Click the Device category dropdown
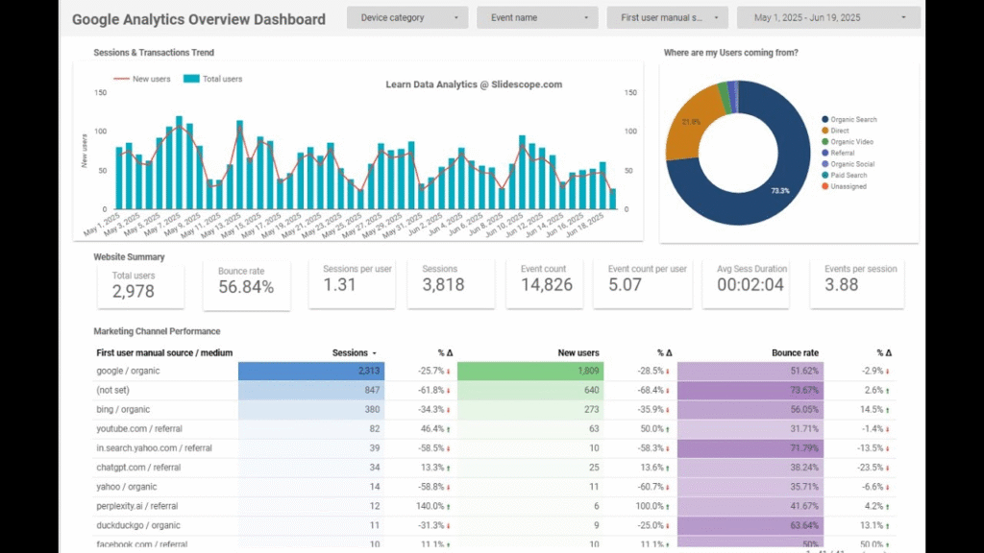point(407,17)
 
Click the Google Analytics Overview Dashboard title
point(199,18)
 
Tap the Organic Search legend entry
point(848,120)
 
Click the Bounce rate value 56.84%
point(245,287)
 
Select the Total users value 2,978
point(134,291)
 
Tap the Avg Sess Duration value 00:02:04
point(751,285)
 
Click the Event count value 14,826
point(546,285)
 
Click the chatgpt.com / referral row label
point(138,468)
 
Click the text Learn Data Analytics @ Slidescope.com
point(474,84)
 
